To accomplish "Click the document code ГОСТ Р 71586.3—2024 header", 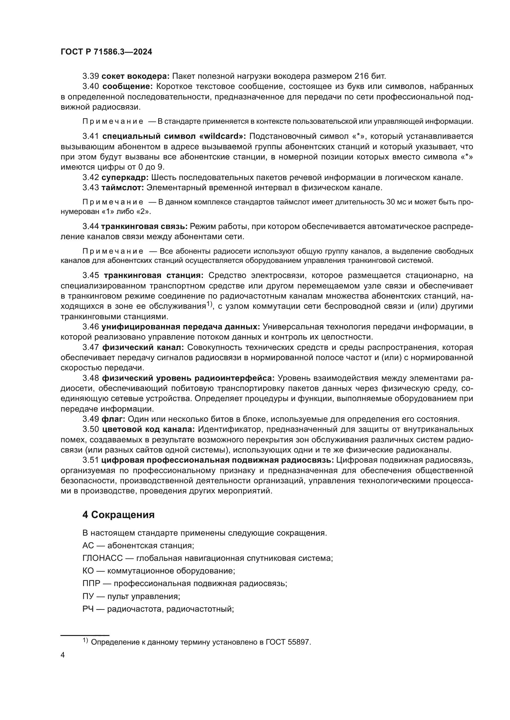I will (106, 52).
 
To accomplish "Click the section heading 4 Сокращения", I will (118, 515).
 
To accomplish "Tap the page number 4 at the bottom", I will (63, 655).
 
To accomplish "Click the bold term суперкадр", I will (125, 178).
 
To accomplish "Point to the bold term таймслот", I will (123, 188).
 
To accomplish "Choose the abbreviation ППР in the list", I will (91, 584).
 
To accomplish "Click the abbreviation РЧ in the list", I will (88, 609).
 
